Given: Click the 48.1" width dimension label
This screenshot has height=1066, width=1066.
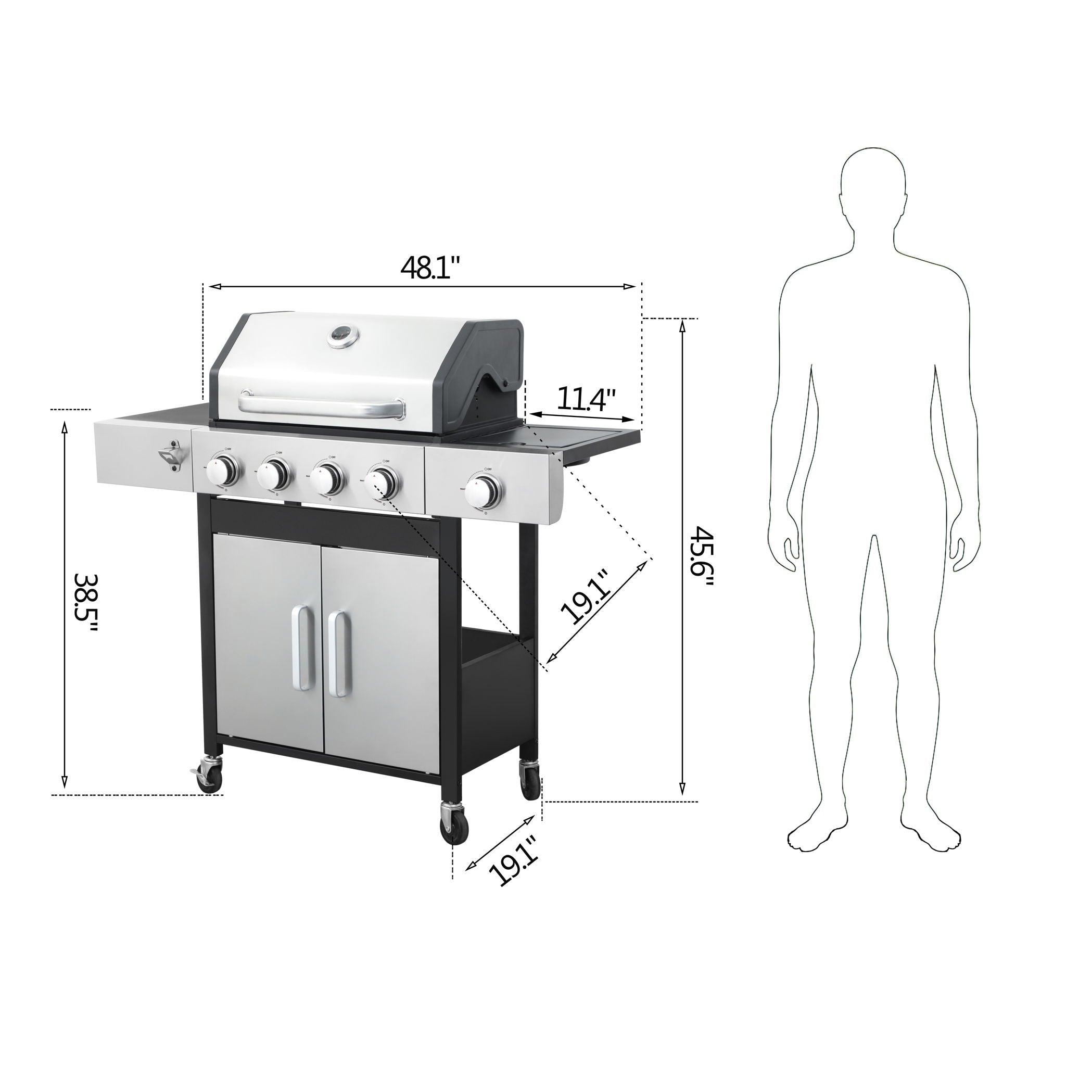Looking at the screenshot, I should click(430, 269).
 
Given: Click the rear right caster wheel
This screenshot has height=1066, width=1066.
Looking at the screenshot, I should click(530, 778).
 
